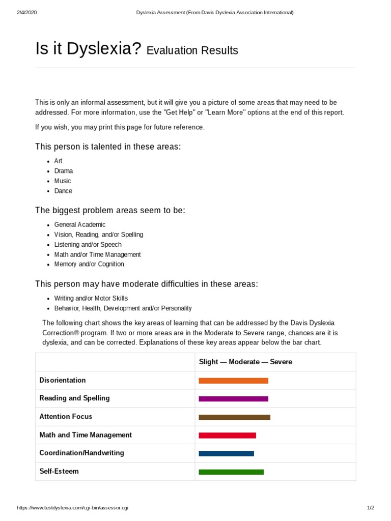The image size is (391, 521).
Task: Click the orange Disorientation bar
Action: point(233,381)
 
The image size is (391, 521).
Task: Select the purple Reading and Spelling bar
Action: point(233,399)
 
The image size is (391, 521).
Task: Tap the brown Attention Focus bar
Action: point(234,417)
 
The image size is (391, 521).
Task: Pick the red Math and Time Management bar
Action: point(227,436)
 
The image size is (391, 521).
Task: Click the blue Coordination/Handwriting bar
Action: point(226,453)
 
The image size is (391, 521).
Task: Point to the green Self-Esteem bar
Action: point(231,472)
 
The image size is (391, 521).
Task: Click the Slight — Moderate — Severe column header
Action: point(245,362)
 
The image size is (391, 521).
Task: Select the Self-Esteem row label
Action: point(59,471)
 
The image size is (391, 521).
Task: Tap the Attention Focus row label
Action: point(66,416)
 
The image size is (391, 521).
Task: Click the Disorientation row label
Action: point(63,380)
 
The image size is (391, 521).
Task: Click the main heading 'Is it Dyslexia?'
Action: point(88,49)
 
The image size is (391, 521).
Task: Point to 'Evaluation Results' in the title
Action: point(192,50)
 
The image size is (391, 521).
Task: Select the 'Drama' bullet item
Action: point(64,171)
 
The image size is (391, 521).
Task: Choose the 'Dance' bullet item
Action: point(63,191)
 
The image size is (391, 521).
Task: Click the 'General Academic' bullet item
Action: point(80,224)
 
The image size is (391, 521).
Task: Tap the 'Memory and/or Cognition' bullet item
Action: point(89,264)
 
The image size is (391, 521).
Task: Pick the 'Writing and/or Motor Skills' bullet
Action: point(91,298)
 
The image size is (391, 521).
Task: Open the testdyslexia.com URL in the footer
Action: point(73,508)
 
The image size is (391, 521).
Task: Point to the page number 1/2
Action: point(370,508)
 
